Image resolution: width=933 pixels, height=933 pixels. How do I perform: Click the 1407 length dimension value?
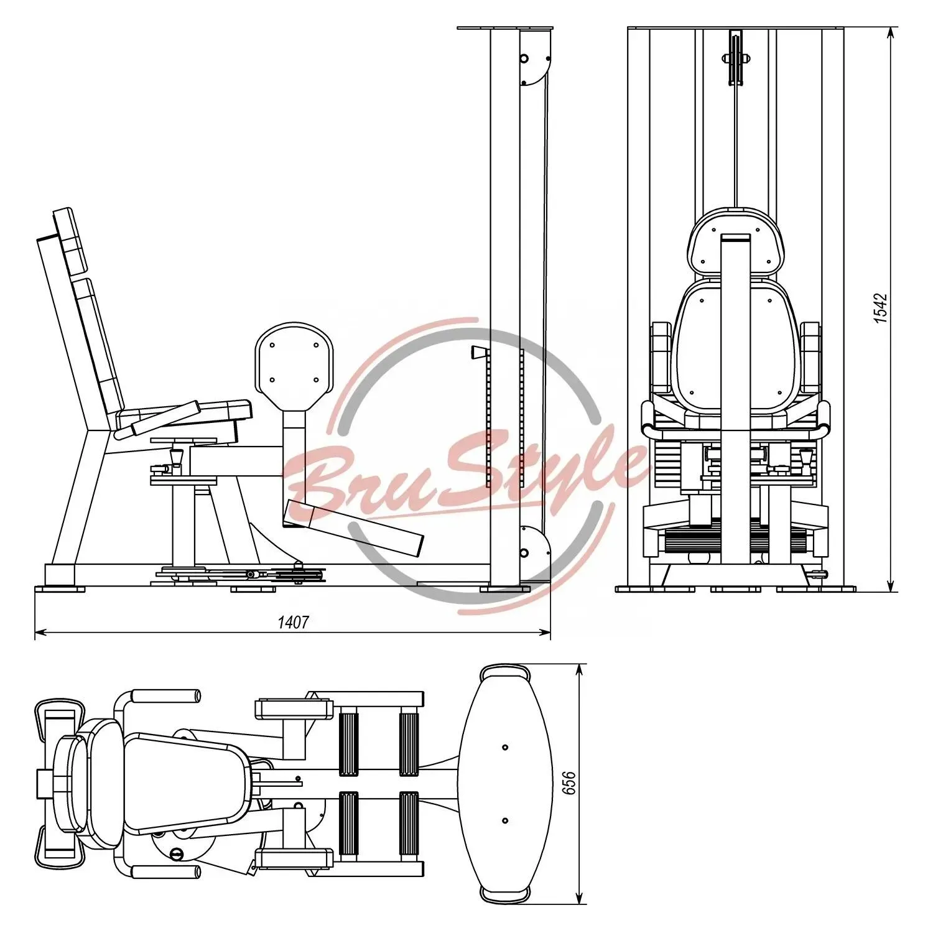pyautogui.click(x=292, y=621)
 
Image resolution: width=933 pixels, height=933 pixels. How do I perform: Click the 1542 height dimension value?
pyautogui.click(x=881, y=308)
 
